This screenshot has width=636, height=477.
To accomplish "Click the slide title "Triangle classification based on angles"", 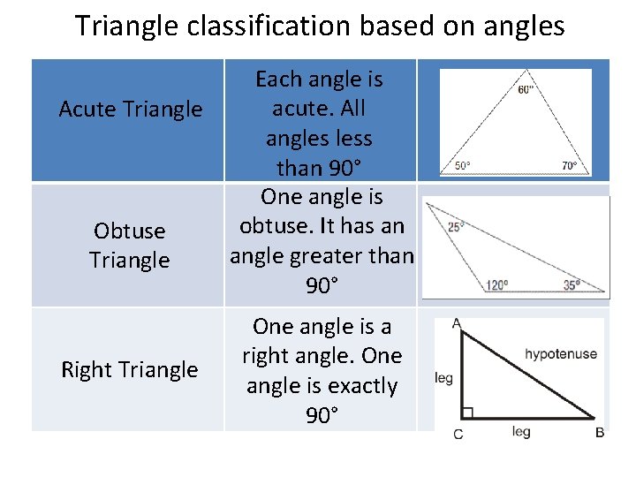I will [x=319, y=26].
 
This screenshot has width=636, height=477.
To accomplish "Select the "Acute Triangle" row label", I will [x=130, y=110].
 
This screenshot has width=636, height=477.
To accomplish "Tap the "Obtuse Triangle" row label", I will [x=129, y=246].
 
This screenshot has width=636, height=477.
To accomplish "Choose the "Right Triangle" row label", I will [x=129, y=369].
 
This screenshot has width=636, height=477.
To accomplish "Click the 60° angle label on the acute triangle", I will [x=526, y=90].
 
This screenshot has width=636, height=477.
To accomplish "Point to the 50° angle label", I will [x=463, y=165].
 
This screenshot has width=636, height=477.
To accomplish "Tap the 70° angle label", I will [x=569, y=165].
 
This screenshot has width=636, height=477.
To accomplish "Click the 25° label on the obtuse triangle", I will [x=456, y=227].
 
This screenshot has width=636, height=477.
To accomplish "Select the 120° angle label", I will [x=496, y=284].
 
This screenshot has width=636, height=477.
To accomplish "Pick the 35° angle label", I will [x=572, y=284].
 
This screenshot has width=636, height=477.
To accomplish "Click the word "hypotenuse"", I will [x=561, y=354].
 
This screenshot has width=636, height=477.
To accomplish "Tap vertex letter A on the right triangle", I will [x=456, y=324].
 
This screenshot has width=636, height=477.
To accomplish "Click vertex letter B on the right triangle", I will [x=600, y=432].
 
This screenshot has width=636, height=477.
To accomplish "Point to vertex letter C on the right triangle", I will [x=458, y=433].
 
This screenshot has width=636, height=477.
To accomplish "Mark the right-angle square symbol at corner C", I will [x=467, y=412].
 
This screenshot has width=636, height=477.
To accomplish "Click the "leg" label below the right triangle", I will [x=521, y=431].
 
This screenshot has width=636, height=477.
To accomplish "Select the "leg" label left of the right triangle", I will [x=443, y=378].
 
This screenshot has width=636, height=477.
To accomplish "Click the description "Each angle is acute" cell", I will [x=319, y=124].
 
